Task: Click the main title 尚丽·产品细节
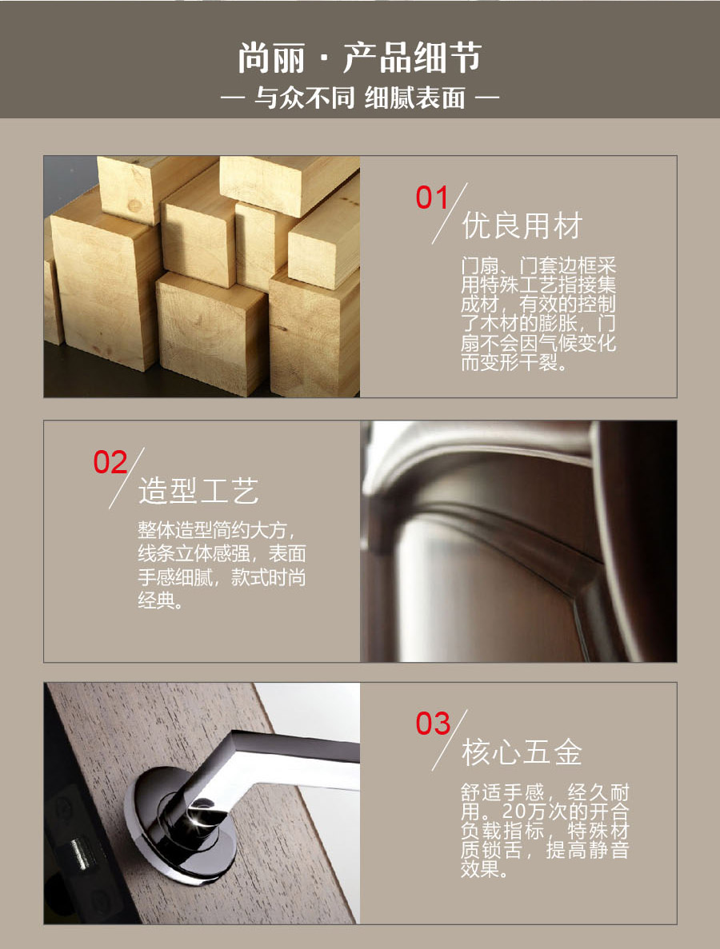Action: (360, 58)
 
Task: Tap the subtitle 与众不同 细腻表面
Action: (360, 98)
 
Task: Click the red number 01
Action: (432, 198)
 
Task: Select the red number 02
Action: (110, 462)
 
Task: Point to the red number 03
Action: (433, 724)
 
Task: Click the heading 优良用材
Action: (522, 225)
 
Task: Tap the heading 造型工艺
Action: (198, 490)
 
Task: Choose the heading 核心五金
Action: (522, 752)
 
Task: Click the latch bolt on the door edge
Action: (78, 852)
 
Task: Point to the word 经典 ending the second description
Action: (157, 600)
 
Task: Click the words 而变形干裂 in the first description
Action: (510, 362)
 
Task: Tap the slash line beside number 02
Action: (126, 478)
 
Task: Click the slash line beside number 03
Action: (450, 740)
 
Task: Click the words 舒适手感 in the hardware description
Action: (502, 791)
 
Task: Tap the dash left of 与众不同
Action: (231, 98)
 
